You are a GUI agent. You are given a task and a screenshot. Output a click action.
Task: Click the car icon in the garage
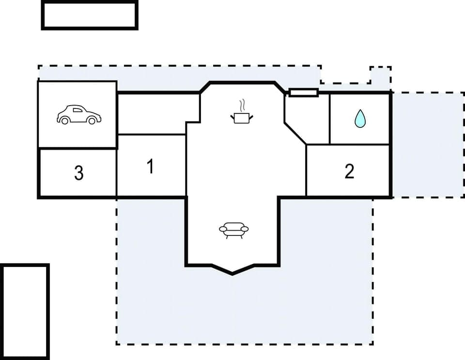click(78, 115)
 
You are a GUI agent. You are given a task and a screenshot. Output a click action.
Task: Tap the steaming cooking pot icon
click(242, 117)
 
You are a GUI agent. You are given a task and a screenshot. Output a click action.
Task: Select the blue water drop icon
click(359, 119)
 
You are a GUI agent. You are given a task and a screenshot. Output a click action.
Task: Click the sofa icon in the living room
click(233, 230)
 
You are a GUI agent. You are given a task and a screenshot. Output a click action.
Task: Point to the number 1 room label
click(150, 167)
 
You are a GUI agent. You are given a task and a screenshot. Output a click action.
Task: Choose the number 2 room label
click(349, 171)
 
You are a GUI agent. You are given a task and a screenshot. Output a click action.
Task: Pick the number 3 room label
click(78, 173)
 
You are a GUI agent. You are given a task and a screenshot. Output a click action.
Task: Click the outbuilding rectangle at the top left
click(90, 16)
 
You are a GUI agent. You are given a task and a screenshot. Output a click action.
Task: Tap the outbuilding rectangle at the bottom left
click(25, 312)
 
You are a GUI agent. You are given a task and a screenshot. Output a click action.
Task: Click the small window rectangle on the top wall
click(303, 92)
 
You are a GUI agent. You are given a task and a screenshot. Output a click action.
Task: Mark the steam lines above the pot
click(242, 106)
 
